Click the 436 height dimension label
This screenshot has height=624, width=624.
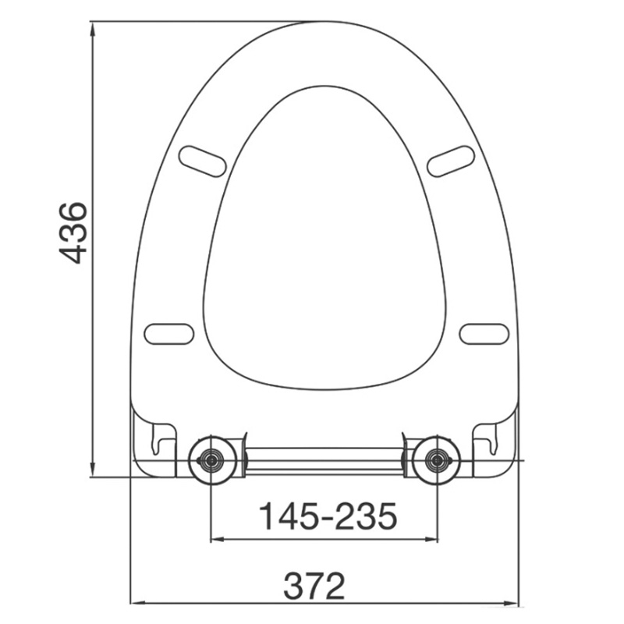(x=73, y=233)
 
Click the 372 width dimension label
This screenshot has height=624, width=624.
(x=314, y=586)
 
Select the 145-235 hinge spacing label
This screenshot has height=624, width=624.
(x=328, y=516)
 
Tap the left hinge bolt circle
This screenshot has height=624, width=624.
(x=212, y=460)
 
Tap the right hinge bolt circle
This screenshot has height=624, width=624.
(x=437, y=460)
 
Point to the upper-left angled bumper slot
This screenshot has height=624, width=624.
(x=202, y=161)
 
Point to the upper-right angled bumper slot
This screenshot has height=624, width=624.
(x=451, y=161)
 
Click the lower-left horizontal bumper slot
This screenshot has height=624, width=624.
(x=169, y=334)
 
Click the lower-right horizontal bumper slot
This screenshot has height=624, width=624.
(x=484, y=334)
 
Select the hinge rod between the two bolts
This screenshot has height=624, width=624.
(x=324, y=461)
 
